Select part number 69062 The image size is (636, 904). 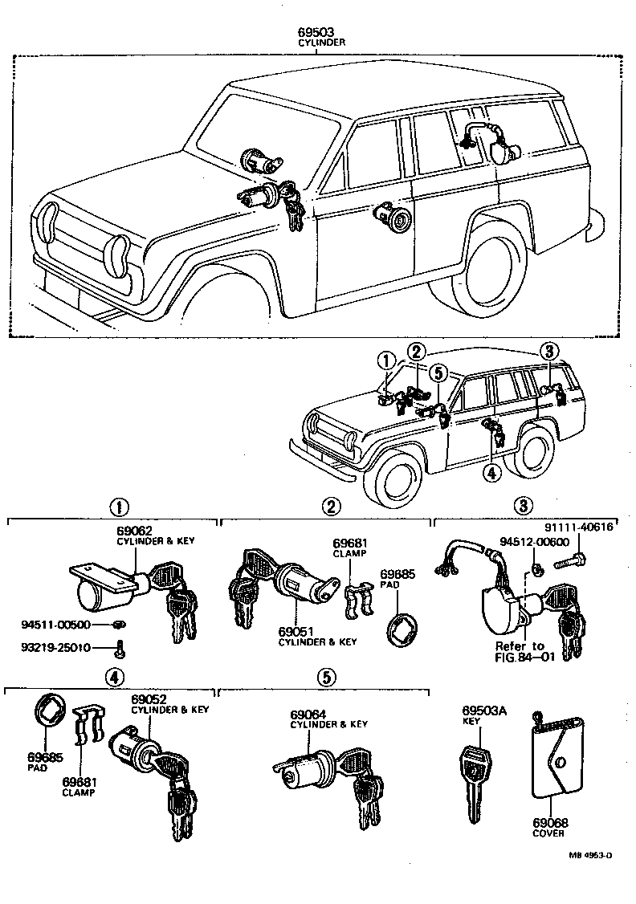(132, 531)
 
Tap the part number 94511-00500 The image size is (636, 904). (55, 624)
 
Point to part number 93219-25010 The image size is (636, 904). (55, 647)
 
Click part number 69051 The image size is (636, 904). (296, 632)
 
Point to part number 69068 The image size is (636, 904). (550, 822)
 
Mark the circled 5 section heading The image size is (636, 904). (324, 676)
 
